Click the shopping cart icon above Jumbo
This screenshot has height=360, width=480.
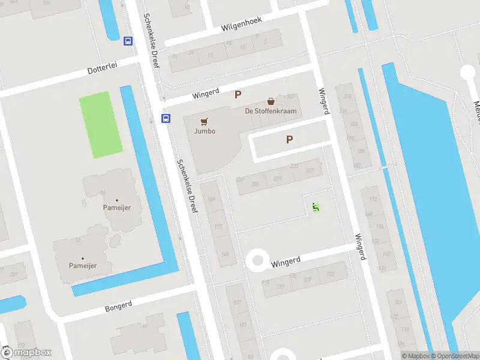click(205, 121)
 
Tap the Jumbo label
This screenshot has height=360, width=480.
click(205, 131)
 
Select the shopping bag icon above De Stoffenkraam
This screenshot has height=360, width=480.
click(271, 101)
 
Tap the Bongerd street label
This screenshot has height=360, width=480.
click(118, 306)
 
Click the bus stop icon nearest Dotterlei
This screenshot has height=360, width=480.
click(128, 41)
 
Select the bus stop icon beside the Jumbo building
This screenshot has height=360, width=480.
click(166, 118)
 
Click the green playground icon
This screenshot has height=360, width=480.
click(316, 208)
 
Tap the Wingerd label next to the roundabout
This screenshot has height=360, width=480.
click(285, 262)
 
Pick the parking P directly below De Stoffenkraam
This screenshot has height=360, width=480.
click(289, 140)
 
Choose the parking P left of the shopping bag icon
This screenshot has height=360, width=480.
click(238, 94)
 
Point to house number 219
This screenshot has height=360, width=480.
click(278, 179)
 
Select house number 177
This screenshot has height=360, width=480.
click(218, 226)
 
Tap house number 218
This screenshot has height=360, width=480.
click(346, 95)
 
